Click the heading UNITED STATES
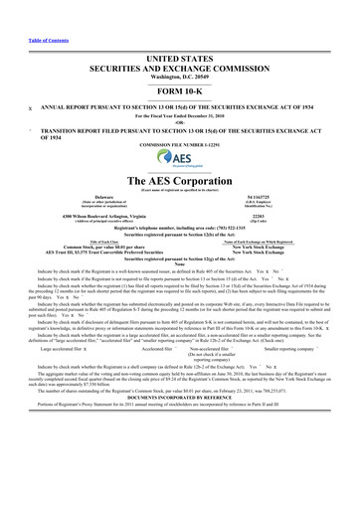coord(180,33)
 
